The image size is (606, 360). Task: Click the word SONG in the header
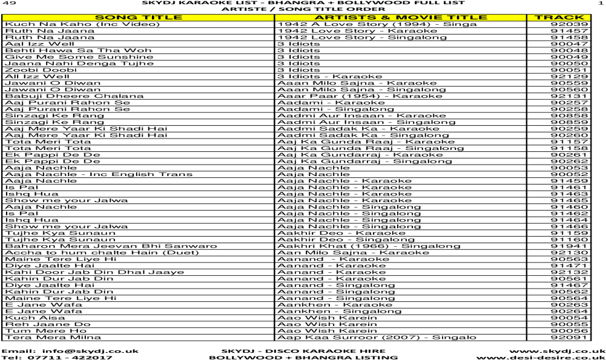117,18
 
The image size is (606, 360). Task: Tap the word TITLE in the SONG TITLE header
162,18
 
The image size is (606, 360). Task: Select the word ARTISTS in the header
345,18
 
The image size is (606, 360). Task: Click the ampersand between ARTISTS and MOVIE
386,18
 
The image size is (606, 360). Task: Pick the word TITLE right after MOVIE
467,18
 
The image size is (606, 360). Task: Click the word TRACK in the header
559,18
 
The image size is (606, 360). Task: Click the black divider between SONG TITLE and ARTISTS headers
274,18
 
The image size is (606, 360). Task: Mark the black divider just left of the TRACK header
527,18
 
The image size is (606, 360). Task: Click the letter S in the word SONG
100,18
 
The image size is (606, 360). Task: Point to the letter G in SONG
133,18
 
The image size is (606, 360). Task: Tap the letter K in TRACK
579,18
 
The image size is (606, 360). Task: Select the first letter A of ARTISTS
320,18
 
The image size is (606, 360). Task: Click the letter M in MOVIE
402,18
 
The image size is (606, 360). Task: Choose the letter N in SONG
122,18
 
